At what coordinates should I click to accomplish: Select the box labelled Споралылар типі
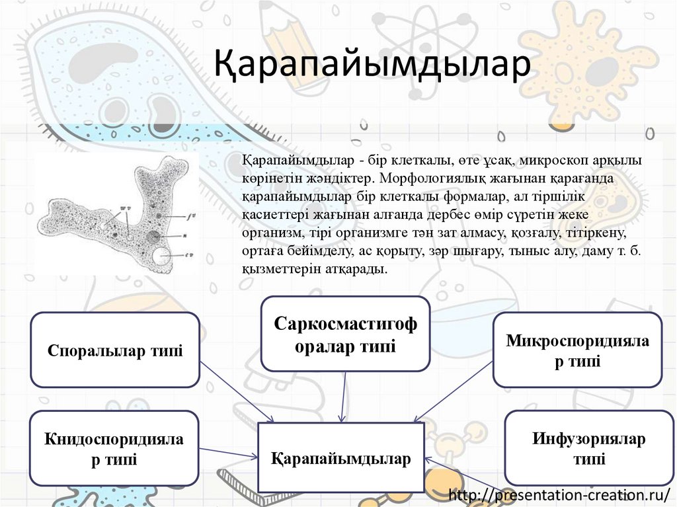[115, 350]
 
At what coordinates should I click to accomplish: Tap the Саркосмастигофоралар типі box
[345, 334]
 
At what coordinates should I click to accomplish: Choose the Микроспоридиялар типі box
[578, 350]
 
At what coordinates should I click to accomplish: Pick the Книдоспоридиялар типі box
[114, 448]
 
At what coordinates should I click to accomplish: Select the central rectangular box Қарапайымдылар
[340, 458]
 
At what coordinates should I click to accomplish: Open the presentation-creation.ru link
[559, 494]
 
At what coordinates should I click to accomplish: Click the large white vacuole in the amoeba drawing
[161, 255]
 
